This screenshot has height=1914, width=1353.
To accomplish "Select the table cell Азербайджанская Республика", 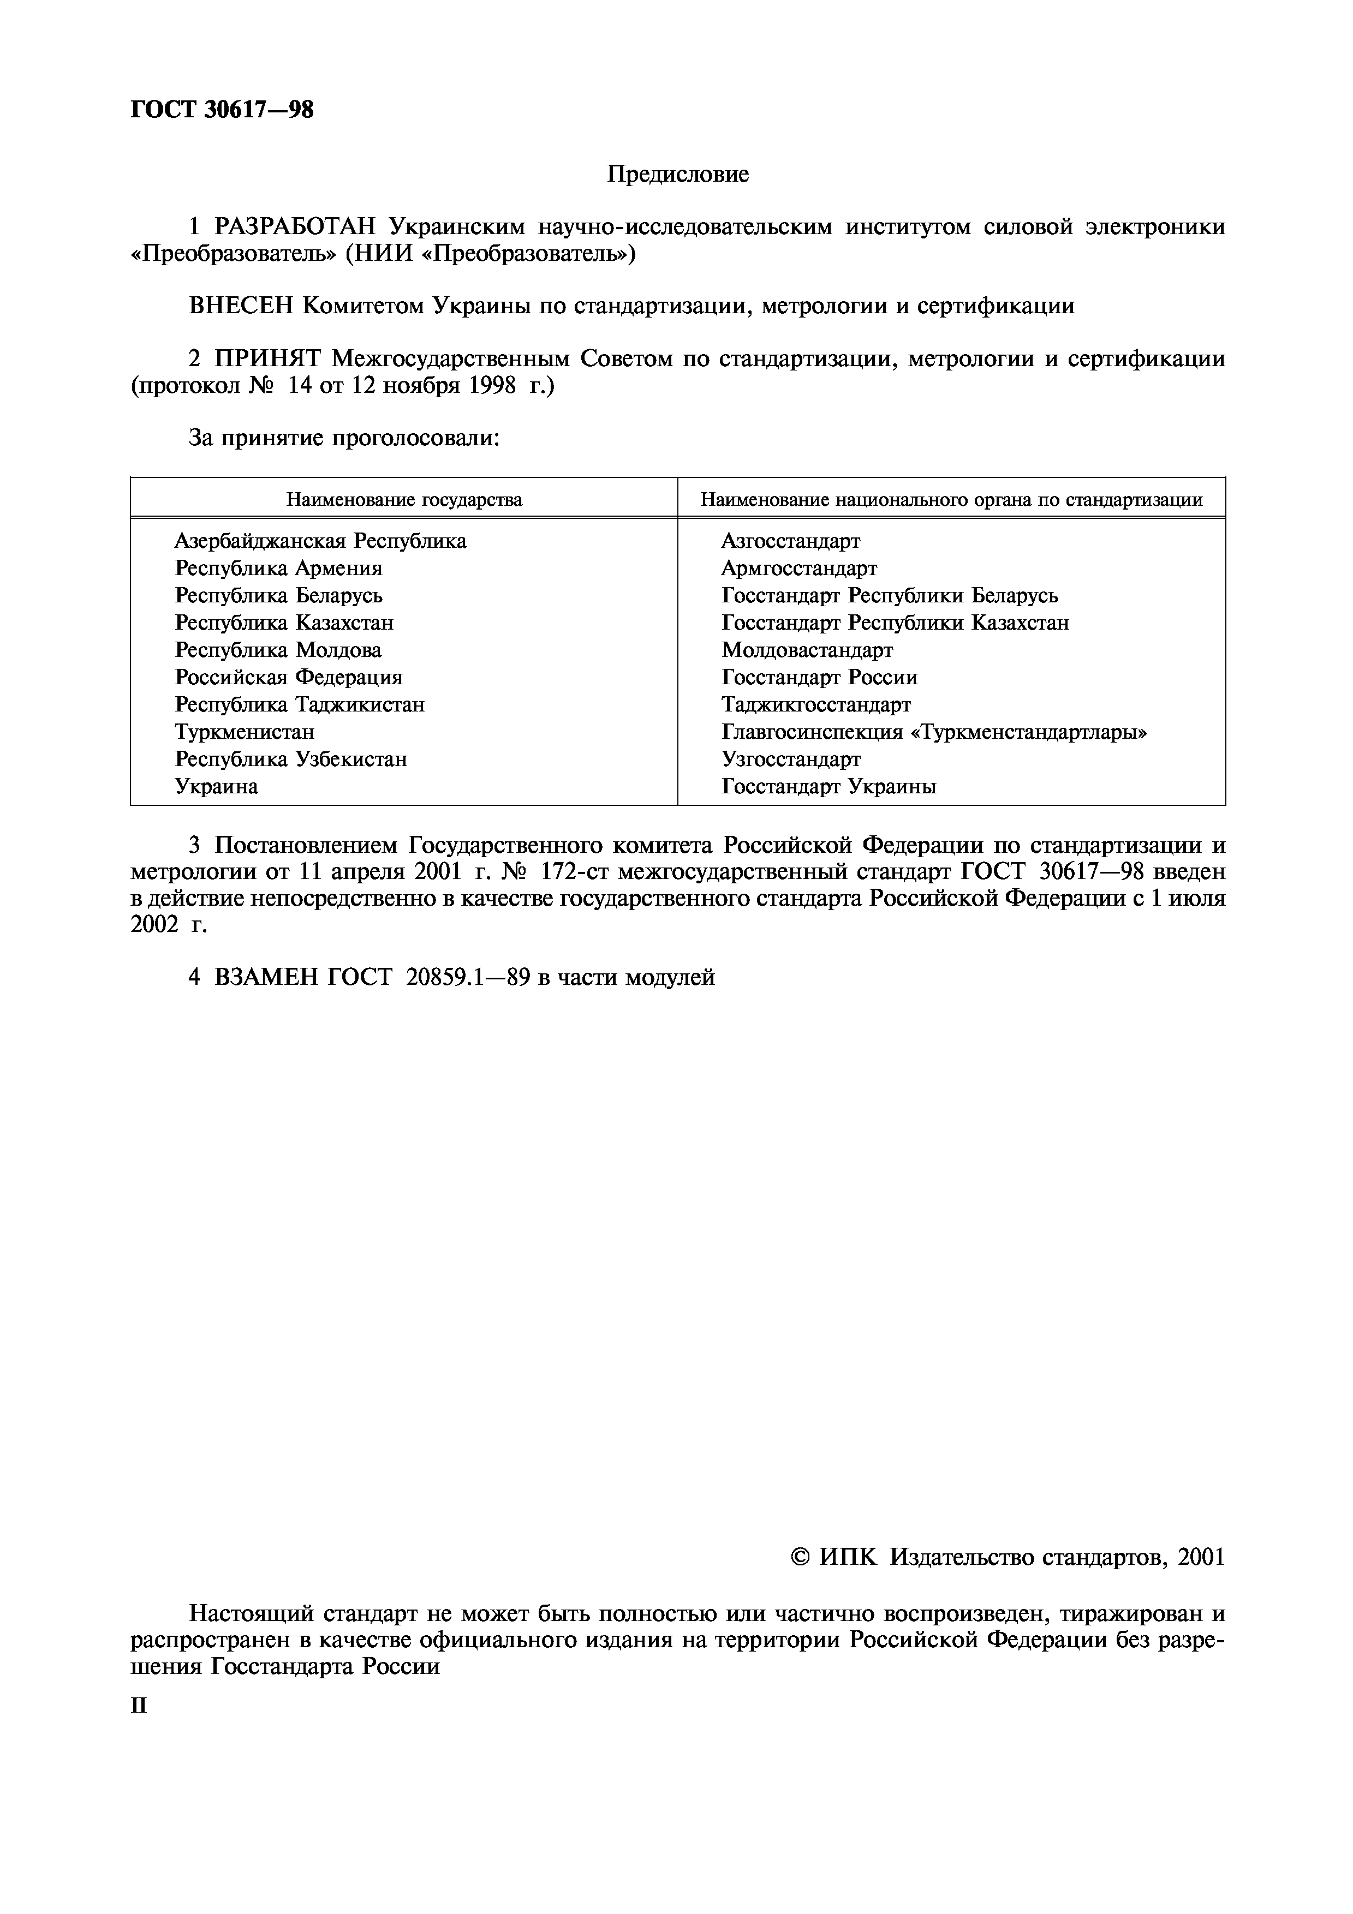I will point(320,541).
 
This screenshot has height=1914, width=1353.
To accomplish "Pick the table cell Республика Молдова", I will point(278,650).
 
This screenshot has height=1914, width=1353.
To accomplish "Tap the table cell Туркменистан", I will point(245,732).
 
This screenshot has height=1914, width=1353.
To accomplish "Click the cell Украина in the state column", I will point(216,786).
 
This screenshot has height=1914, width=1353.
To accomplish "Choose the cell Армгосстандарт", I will point(798,569).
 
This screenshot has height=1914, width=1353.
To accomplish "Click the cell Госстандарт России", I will point(819,678).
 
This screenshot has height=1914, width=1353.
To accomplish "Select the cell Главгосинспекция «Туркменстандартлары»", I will point(934,732).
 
